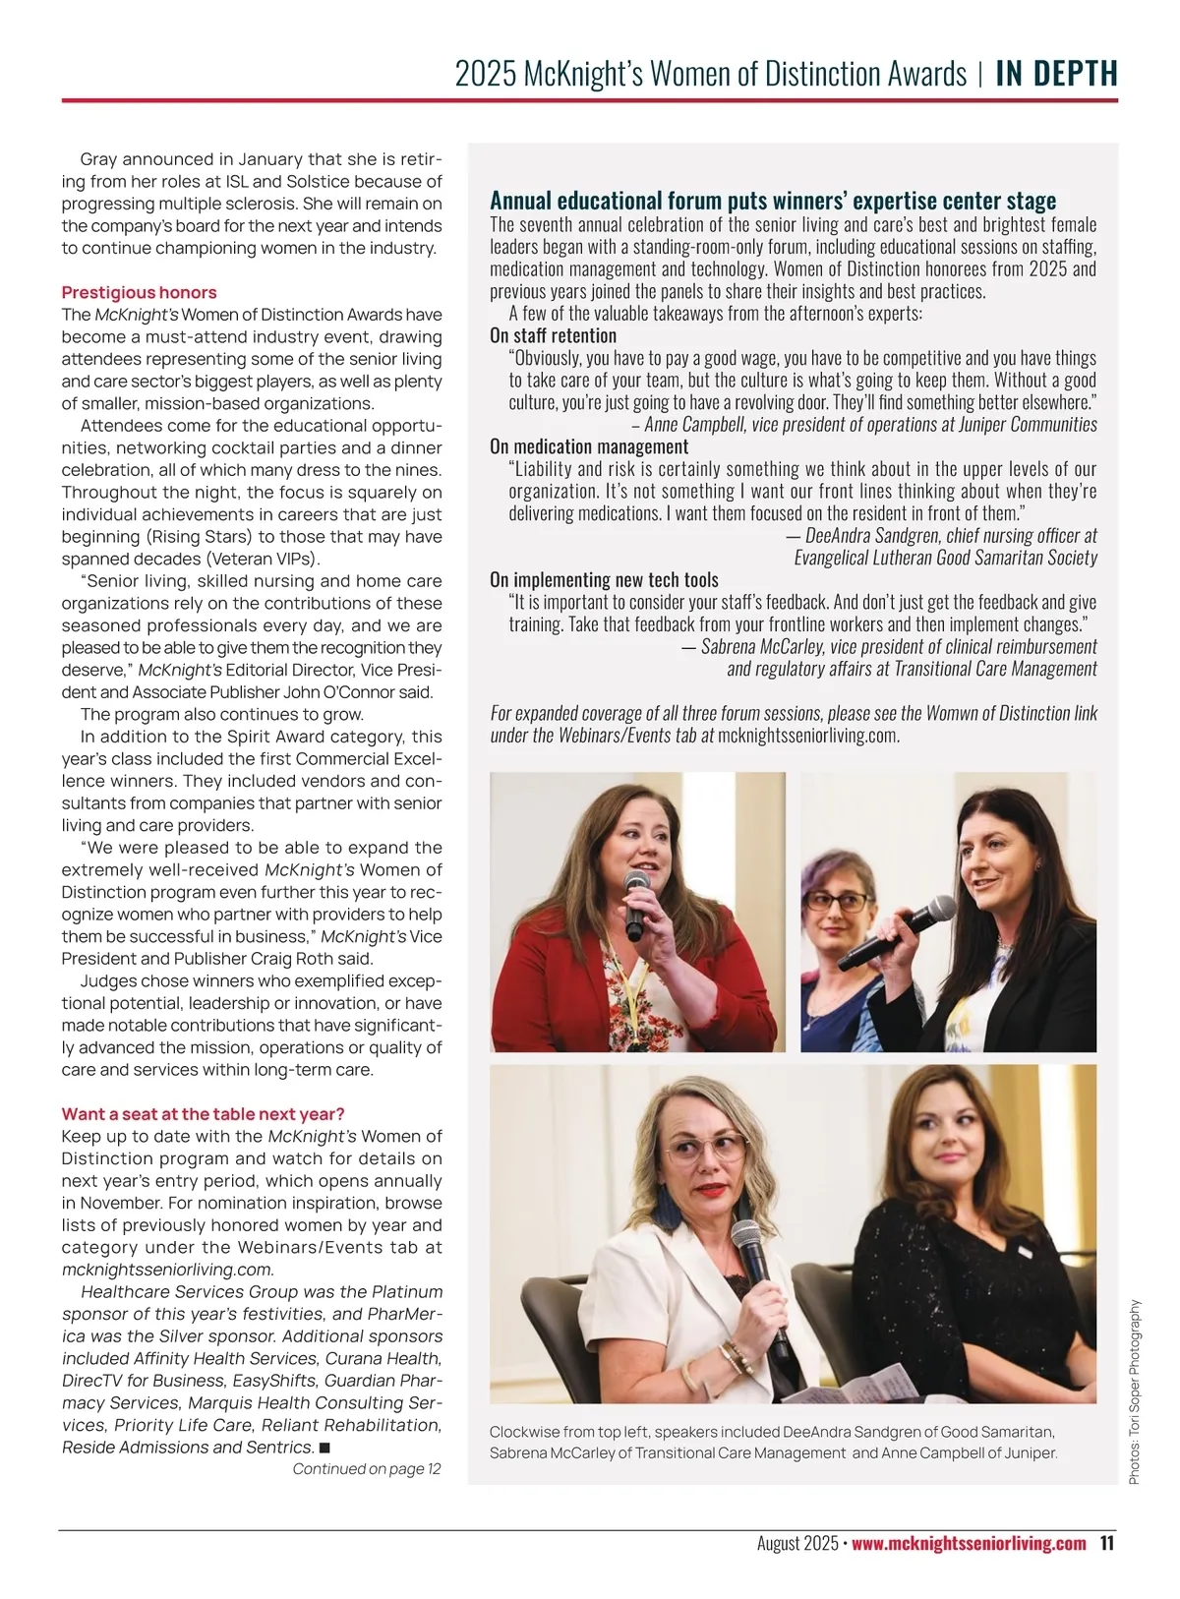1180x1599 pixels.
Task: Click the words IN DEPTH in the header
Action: (x=1056, y=74)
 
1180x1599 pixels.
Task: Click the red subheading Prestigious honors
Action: (x=139, y=292)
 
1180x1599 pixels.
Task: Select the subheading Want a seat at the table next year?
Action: (x=203, y=1113)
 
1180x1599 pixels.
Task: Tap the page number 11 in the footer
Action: (x=1106, y=1543)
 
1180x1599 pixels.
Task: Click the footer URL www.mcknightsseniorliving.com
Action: (x=969, y=1543)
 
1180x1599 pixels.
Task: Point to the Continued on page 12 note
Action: (x=367, y=1469)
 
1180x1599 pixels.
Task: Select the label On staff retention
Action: (x=553, y=335)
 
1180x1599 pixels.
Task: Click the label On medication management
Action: (x=588, y=446)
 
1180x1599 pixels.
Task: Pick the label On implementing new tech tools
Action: (x=604, y=579)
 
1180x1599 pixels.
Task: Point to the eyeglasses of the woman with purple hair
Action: (x=837, y=900)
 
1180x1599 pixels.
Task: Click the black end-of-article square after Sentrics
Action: (x=324, y=1448)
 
